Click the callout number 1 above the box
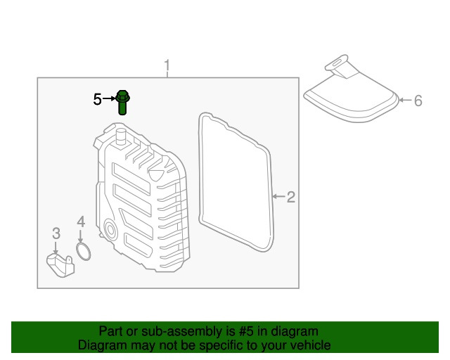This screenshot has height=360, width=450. [x=167, y=67]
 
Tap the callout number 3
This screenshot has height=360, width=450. [x=56, y=233]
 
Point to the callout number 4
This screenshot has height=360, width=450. [x=81, y=223]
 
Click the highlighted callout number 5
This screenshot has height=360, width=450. [x=97, y=100]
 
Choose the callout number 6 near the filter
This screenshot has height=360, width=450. [x=418, y=101]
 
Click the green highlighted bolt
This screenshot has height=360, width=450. [x=122, y=102]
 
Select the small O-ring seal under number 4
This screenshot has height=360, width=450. [x=83, y=252]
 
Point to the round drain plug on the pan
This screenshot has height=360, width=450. [x=110, y=229]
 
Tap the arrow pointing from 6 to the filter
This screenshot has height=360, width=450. [x=404, y=101]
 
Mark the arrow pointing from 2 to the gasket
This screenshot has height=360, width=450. [x=278, y=197]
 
